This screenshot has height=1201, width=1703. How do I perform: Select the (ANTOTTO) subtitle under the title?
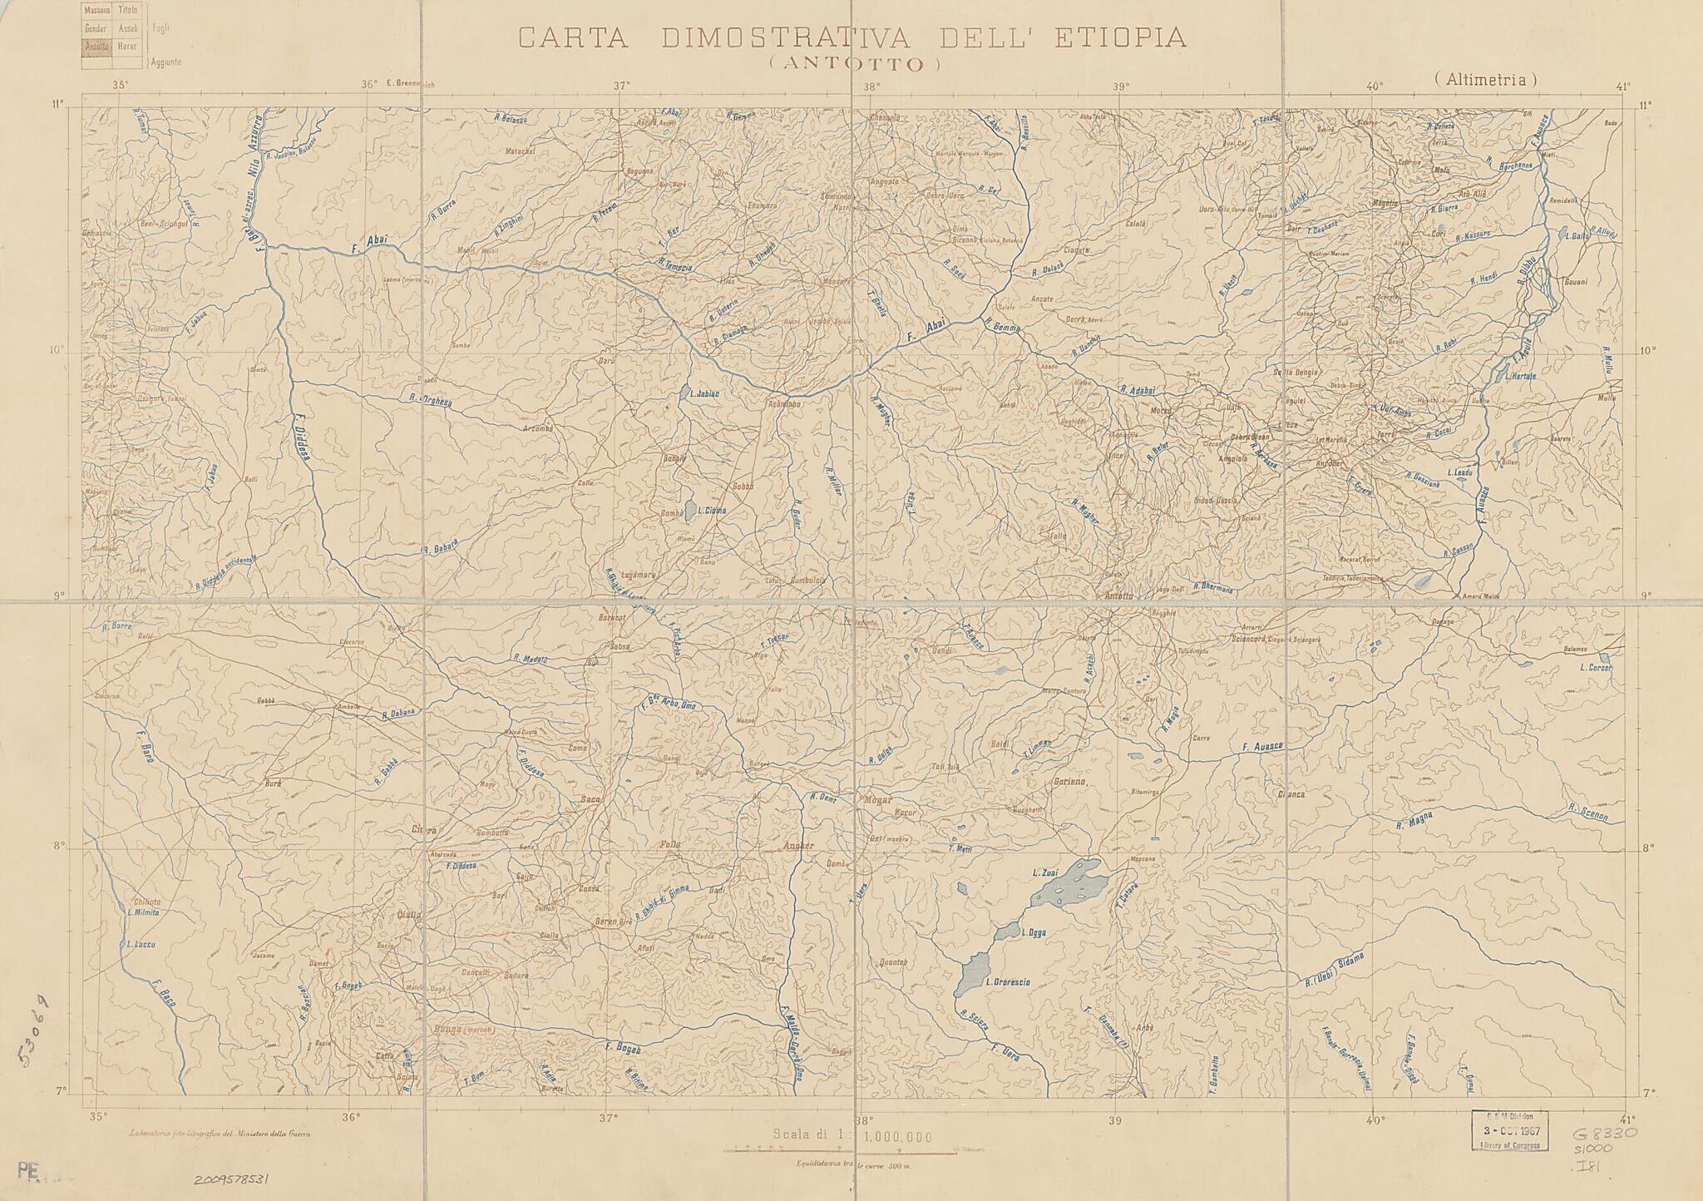click(853, 64)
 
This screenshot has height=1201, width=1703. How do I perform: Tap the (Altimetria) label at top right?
click(1485, 80)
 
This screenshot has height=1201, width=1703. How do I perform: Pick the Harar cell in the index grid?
click(127, 46)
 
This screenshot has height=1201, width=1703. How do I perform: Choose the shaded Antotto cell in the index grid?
click(96, 46)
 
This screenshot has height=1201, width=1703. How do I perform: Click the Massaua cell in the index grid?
click(96, 11)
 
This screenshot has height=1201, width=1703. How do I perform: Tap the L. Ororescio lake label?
click(1007, 982)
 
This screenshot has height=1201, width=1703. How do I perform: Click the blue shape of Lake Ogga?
click(1007, 931)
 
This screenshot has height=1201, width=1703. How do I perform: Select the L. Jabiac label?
click(703, 393)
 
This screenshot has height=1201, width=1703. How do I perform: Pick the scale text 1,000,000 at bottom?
click(897, 1137)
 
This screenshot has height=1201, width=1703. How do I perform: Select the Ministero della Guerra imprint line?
click(220, 1133)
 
